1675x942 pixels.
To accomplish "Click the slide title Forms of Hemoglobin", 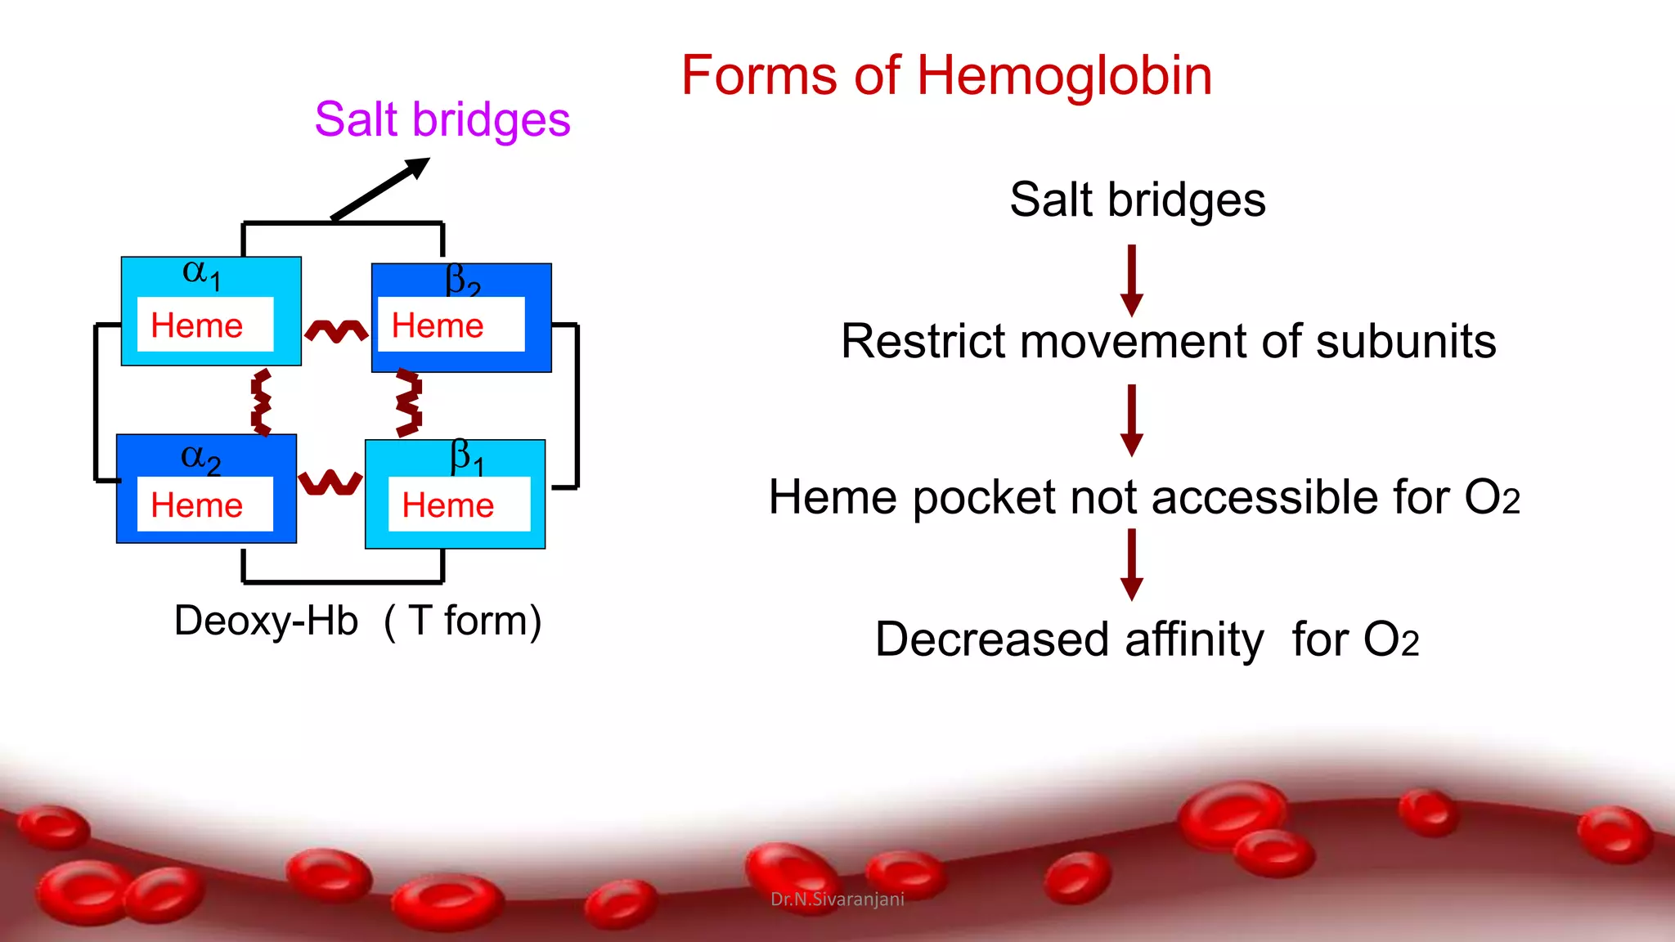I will coord(946,76).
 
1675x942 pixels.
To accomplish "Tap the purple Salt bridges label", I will coord(442,120).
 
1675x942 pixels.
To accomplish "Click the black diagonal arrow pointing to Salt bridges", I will coord(380,189).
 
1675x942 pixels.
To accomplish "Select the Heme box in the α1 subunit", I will coord(204,325).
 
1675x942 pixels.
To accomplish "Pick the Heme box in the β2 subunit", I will coord(451,325).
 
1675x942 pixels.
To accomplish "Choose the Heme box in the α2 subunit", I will coord(204,505).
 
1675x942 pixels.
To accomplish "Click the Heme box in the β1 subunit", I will coord(459,505).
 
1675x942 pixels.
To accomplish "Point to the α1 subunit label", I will coord(201,273).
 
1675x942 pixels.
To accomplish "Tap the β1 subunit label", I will coord(467,457).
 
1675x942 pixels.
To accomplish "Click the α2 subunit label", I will coord(200,458).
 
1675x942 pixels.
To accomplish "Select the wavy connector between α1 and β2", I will coord(336,330).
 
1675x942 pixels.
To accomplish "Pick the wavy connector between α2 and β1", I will coord(330,482).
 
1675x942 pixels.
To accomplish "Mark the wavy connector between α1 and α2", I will coord(261,401).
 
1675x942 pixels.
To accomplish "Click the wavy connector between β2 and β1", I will coord(408,402).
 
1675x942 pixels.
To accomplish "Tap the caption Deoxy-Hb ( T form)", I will coord(357,621).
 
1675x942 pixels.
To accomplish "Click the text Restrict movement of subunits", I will coord(1168,341).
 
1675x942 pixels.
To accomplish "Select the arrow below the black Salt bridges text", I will coord(1132,280).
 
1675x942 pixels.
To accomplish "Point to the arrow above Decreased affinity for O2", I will coord(1132,564).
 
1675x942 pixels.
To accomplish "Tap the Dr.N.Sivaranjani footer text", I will coord(837,899).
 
